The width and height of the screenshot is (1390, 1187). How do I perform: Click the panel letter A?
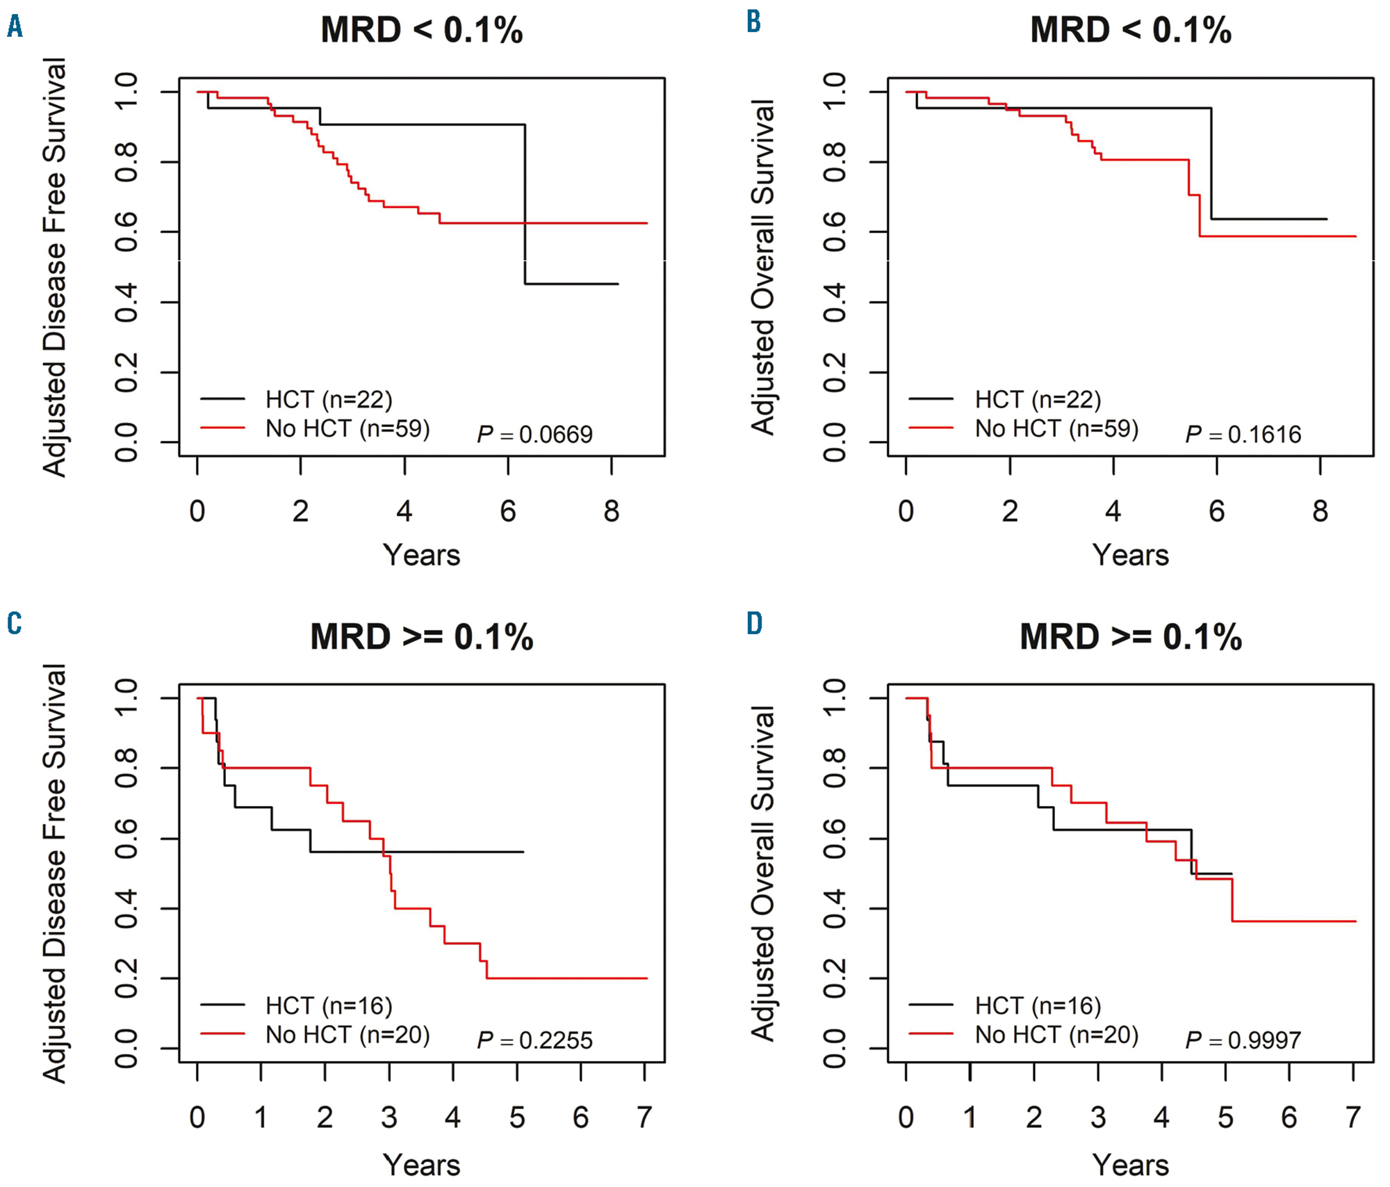(x=15, y=28)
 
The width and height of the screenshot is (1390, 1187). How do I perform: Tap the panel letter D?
(x=754, y=623)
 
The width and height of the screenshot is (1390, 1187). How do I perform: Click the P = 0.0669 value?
(x=534, y=435)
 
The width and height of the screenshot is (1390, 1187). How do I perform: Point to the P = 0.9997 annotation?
(x=1243, y=1040)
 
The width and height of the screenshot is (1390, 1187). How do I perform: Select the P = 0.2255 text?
(x=534, y=1040)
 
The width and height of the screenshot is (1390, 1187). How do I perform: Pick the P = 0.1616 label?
(x=1243, y=435)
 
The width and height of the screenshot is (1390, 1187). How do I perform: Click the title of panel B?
(x=1130, y=31)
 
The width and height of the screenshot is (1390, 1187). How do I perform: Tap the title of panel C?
(x=421, y=637)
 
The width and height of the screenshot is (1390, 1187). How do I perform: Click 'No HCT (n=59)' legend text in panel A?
(x=347, y=428)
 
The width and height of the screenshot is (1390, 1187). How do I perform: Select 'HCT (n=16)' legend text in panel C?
(x=329, y=1006)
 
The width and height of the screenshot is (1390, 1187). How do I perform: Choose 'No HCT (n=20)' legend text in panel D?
(x=1056, y=1035)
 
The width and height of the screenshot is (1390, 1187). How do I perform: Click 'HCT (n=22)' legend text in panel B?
(x=1038, y=400)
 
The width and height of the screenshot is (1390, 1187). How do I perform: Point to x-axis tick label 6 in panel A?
(x=508, y=512)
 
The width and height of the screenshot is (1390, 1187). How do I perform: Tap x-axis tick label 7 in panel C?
(x=644, y=1117)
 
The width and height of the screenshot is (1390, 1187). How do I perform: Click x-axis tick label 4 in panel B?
(x=1113, y=512)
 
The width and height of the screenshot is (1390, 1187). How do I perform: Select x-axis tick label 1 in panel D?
(x=970, y=1117)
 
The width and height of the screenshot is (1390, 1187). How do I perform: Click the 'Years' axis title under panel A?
(x=421, y=556)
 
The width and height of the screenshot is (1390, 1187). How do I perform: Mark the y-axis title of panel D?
(x=763, y=873)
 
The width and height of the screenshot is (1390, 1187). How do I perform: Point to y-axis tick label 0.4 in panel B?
(x=834, y=302)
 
